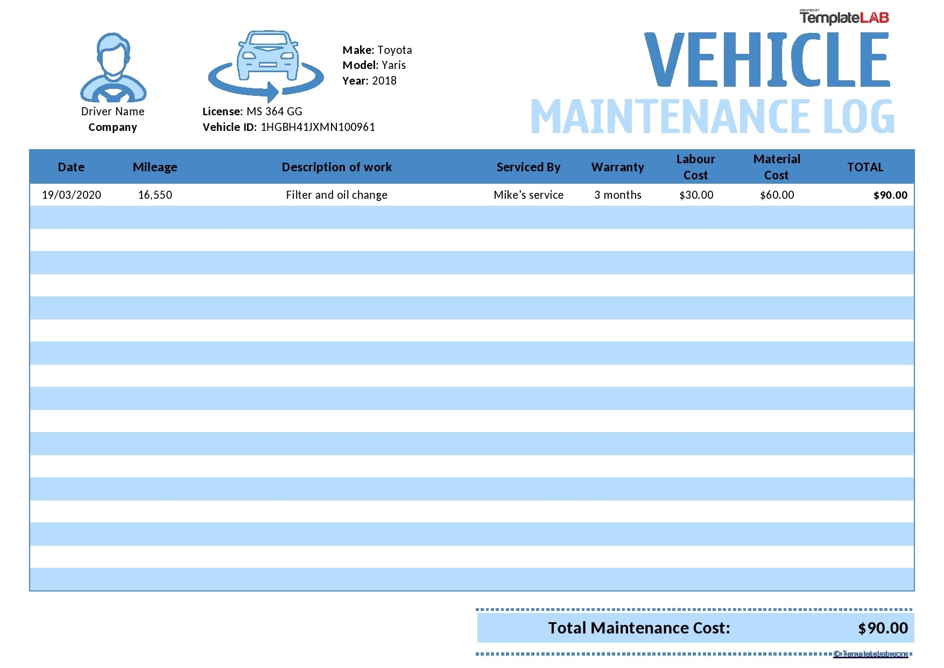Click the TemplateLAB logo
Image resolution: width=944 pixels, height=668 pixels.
[844, 18]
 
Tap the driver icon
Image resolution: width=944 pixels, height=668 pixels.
[113, 68]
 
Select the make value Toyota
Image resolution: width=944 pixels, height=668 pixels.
[394, 50]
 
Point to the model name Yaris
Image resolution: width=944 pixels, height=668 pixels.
[393, 65]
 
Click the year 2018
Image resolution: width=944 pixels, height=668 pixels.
[384, 81]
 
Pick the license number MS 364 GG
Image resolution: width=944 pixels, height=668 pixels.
[274, 112]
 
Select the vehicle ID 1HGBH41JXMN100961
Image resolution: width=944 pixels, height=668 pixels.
[318, 127]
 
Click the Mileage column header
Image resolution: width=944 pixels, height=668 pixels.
[155, 167]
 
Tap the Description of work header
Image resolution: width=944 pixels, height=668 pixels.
[336, 167]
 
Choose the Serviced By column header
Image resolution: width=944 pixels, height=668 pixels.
[528, 167]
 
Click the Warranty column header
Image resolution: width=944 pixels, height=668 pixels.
[617, 167]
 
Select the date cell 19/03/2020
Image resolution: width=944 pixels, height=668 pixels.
[72, 195]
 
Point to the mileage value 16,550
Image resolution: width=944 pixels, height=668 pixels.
[155, 195]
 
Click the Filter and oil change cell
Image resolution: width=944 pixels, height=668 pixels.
[336, 195]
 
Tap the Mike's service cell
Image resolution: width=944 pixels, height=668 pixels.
[528, 195]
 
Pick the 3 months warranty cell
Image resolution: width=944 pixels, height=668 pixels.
[617, 195]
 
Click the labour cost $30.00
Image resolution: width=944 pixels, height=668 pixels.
[696, 195]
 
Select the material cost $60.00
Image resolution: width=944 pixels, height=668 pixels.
[777, 195]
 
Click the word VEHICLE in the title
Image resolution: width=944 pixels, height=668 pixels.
[766, 60]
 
